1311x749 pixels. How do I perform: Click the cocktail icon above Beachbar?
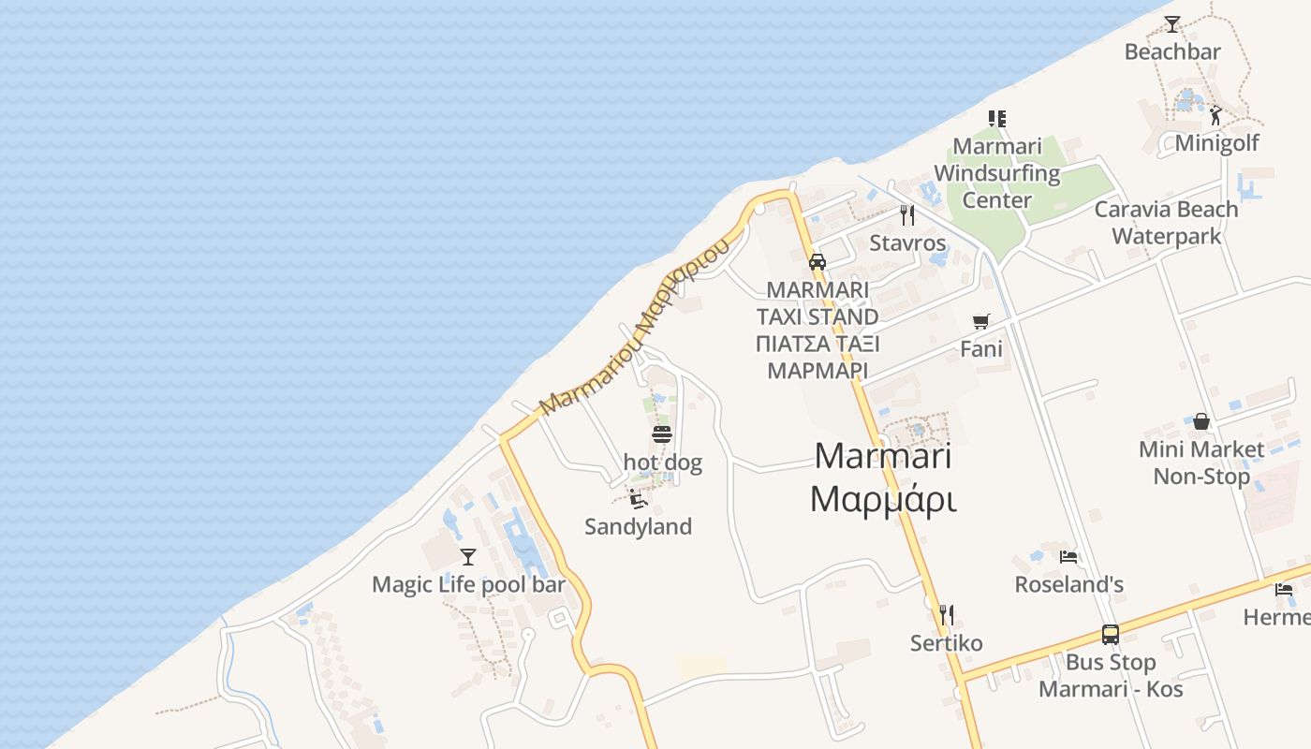(x=1171, y=24)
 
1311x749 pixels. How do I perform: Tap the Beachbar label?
(x=1172, y=51)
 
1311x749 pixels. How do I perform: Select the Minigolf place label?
(x=1216, y=143)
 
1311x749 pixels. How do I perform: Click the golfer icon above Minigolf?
(x=1215, y=116)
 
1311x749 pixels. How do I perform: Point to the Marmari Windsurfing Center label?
(x=997, y=173)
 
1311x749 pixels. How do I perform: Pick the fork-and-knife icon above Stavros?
(x=906, y=215)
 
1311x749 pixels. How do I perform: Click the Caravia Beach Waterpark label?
(x=1166, y=222)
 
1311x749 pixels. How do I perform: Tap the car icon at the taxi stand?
(x=817, y=261)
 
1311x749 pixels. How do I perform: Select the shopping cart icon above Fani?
(x=980, y=322)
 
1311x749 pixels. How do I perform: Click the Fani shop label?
(x=981, y=349)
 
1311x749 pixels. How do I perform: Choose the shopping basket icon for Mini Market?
(x=1201, y=421)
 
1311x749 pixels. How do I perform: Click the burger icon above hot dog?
(x=662, y=434)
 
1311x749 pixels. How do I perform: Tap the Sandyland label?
(x=638, y=527)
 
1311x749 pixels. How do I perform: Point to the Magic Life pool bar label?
(x=468, y=585)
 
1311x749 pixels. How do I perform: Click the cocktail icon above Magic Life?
(x=468, y=557)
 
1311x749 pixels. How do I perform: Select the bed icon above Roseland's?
(x=1068, y=557)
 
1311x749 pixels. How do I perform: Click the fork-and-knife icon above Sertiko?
(x=946, y=615)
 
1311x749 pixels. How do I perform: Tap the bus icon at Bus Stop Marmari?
(x=1110, y=635)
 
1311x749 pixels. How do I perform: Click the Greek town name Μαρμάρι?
(x=882, y=500)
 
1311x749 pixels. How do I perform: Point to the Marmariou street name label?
(x=635, y=328)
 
